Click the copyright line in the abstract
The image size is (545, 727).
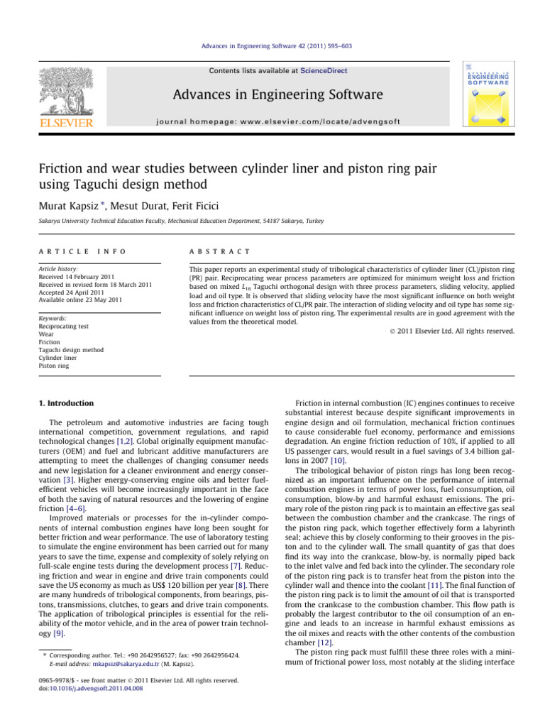click(452, 331)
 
